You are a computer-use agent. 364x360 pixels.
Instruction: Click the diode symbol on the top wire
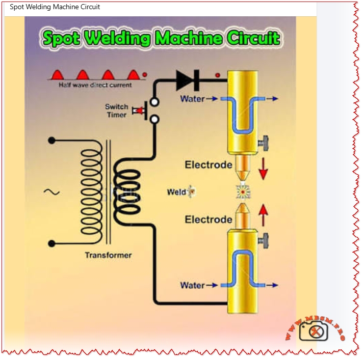[187, 79]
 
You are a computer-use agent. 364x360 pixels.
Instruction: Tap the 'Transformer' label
[108, 255]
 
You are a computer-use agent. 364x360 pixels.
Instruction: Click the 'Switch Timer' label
[117, 110]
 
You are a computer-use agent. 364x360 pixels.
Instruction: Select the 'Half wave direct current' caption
[95, 85]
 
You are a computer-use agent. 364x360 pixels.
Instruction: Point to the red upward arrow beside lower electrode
[263, 214]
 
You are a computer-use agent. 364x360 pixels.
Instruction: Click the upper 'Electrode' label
[209, 164]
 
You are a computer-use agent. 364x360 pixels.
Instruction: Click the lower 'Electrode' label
[209, 219]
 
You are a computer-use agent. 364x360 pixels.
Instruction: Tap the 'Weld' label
[177, 192]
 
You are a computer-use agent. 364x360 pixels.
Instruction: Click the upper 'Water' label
[192, 99]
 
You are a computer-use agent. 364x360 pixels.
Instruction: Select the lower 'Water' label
[192, 285]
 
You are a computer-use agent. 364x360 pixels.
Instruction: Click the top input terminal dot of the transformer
[51, 140]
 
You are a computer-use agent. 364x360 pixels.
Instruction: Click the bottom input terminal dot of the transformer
[51, 243]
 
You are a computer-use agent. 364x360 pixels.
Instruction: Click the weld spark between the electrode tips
[242, 192]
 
